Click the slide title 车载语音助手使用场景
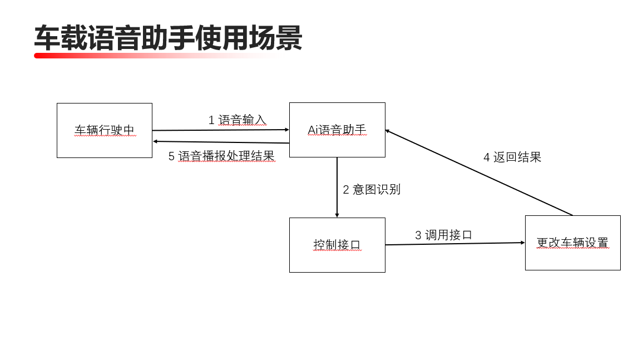click(x=168, y=38)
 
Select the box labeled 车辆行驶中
click(x=105, y=130)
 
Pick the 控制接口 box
click(x=337, y=245)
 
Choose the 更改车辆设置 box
click(x=572, y=243)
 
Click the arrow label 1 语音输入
click(x=238, y=120)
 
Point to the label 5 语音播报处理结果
click(x=221, y=156)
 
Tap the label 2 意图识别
click(x=371, y=189)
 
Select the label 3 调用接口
click(x=443, y=235)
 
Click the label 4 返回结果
click(x=512, y=157)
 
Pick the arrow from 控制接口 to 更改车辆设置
click(x=454, y=244)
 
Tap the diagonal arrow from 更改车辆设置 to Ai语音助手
click(x=478, y=172)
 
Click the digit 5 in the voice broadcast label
click(x=172, y=157)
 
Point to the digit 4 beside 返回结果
click(x=487, y=157)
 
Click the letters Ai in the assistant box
click(x=313, y=130)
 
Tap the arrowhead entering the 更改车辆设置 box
click(x=522, y=243)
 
